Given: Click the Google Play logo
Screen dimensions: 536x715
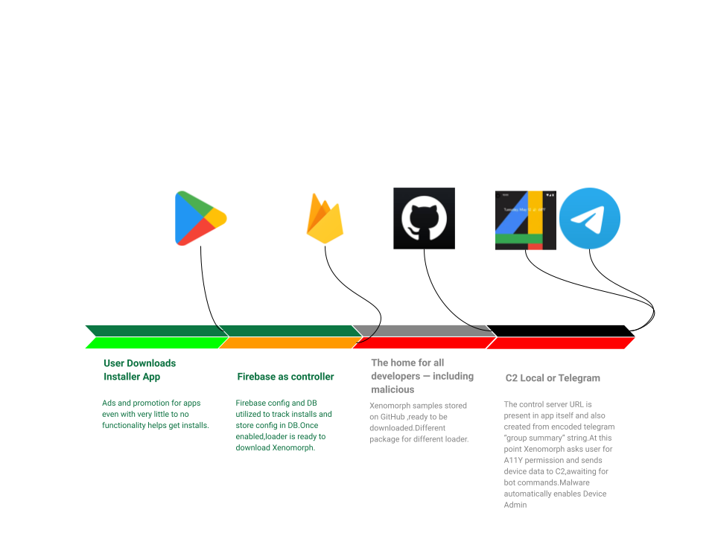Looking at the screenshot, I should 200,217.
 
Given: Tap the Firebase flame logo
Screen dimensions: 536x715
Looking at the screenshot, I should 324,219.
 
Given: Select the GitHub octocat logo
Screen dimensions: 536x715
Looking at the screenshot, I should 424,218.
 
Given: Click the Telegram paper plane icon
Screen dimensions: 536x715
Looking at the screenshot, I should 590,218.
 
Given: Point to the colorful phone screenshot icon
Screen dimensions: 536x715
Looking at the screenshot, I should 526,220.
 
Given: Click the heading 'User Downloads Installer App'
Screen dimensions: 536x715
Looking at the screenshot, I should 140,370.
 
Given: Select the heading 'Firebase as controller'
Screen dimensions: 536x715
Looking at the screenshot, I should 285,377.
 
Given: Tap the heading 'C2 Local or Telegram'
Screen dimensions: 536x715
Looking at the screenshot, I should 553,378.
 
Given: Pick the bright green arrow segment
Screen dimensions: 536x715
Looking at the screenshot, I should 153,343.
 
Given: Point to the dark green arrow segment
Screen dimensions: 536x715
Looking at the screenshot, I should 223,331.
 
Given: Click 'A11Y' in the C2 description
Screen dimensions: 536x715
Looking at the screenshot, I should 515,460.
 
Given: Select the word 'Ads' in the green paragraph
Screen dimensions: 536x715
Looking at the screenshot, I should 109,403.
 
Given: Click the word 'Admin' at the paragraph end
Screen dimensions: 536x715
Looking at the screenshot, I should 515,505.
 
